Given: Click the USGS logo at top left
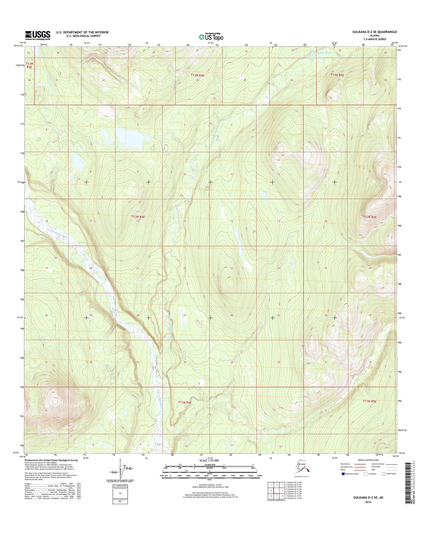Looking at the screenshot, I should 37,35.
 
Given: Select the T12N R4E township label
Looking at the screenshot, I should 138,217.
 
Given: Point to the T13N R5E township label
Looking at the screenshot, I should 337,75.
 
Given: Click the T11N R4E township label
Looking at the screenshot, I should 185,402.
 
